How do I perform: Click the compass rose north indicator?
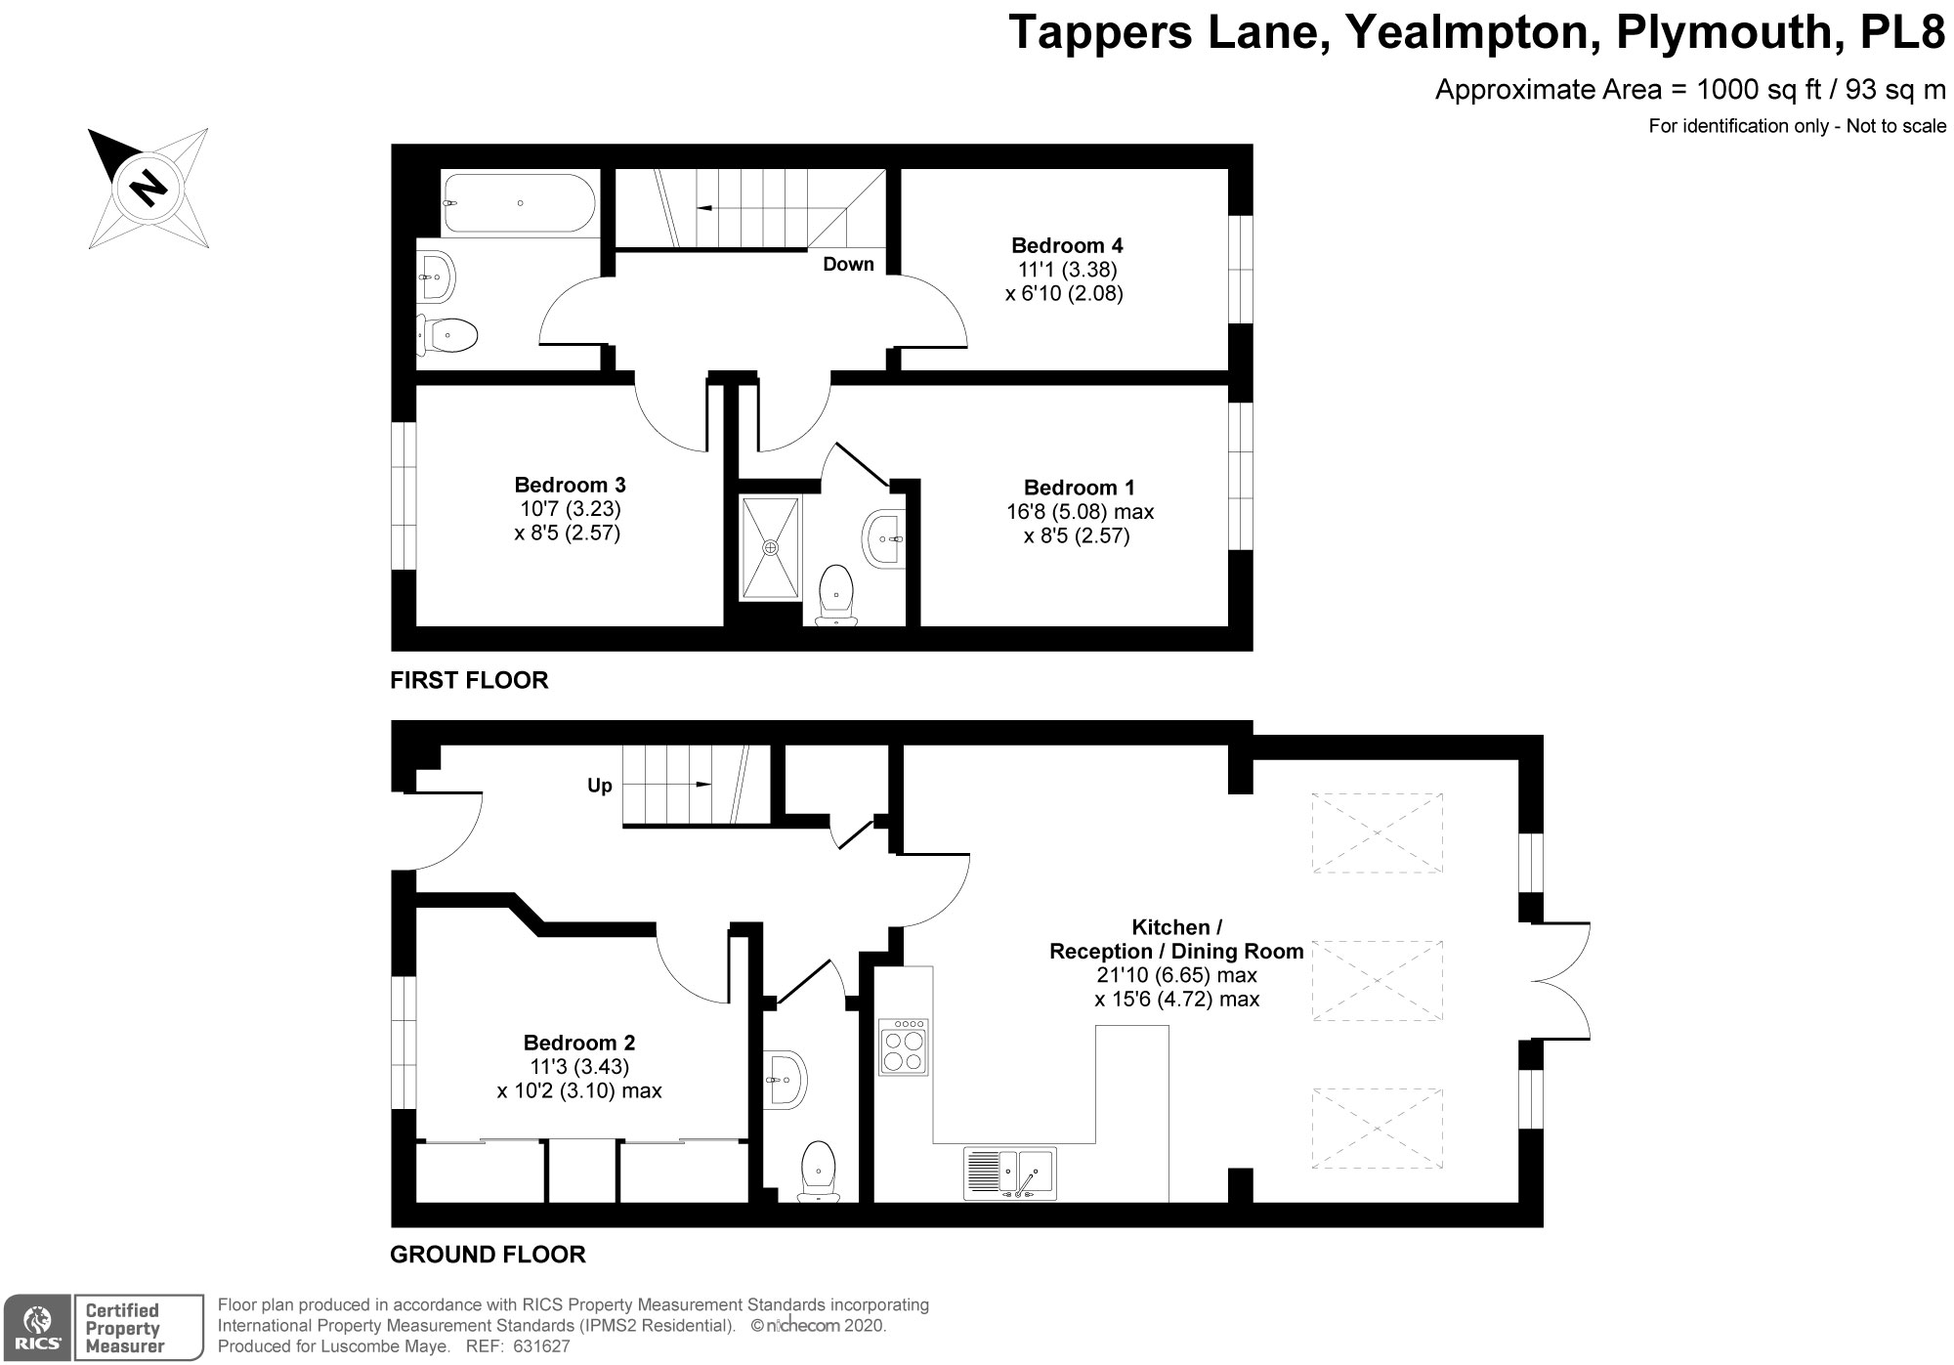[148, 186]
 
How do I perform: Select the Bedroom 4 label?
[1060, 245]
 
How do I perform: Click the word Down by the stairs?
[848, 264]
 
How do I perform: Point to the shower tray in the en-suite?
[771, 548]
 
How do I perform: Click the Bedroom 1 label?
[1079, 488]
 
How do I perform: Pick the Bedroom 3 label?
[570, 485]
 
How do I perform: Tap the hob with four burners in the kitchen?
[905, 1047]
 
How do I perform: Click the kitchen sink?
[1009, 1173]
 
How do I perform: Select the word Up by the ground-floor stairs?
[599, 786]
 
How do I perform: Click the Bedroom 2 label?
[579, 1043]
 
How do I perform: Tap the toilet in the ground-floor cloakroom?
[818, 1172]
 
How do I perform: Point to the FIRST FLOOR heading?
[469, 680]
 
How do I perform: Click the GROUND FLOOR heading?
[488, 1255]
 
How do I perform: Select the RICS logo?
[36, 1327]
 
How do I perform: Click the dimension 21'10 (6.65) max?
[1176, 975]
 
